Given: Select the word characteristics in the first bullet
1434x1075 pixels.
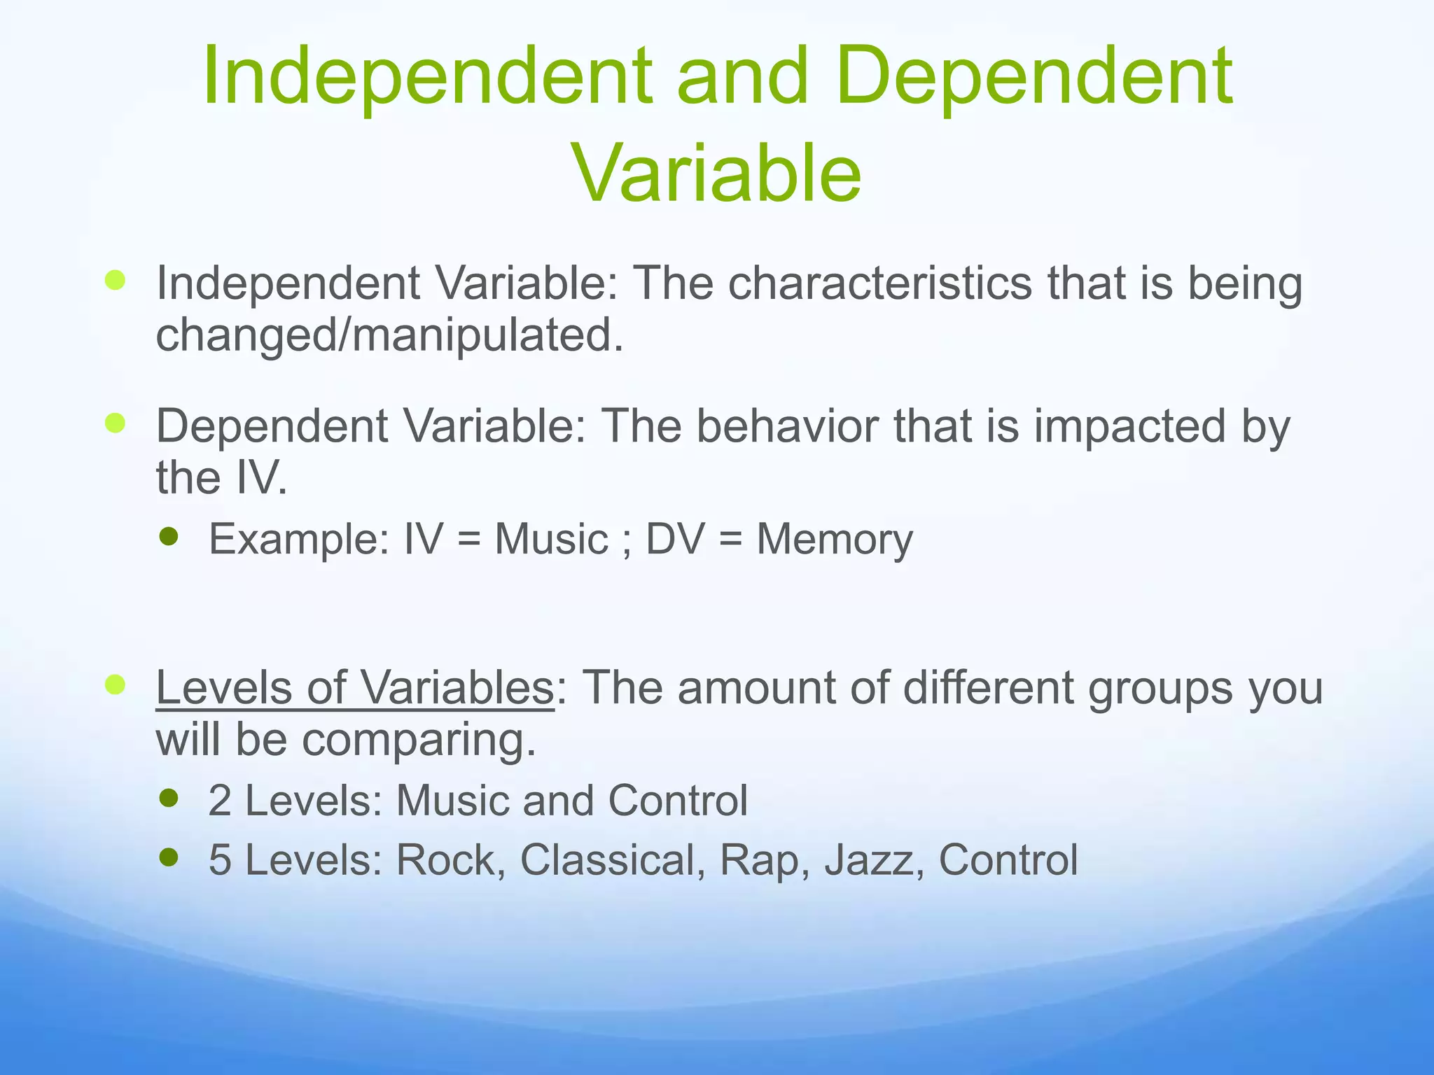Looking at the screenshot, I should (x=880, y=283).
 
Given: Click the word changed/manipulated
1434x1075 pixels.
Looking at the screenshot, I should (x=389, y=335).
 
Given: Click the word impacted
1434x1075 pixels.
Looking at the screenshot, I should (x=1130, y=426).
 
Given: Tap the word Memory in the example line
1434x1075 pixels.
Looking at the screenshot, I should (x=835, y=540).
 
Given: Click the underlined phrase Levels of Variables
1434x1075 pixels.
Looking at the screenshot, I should (x=355, y=688).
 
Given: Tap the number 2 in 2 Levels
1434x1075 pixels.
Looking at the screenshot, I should (x=220, y=801).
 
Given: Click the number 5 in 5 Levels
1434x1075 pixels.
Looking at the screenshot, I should (x=220, y=860).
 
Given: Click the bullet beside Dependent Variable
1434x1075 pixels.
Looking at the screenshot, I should (x=115, y=423).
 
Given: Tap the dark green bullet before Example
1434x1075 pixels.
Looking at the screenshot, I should (x=169, y=536).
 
